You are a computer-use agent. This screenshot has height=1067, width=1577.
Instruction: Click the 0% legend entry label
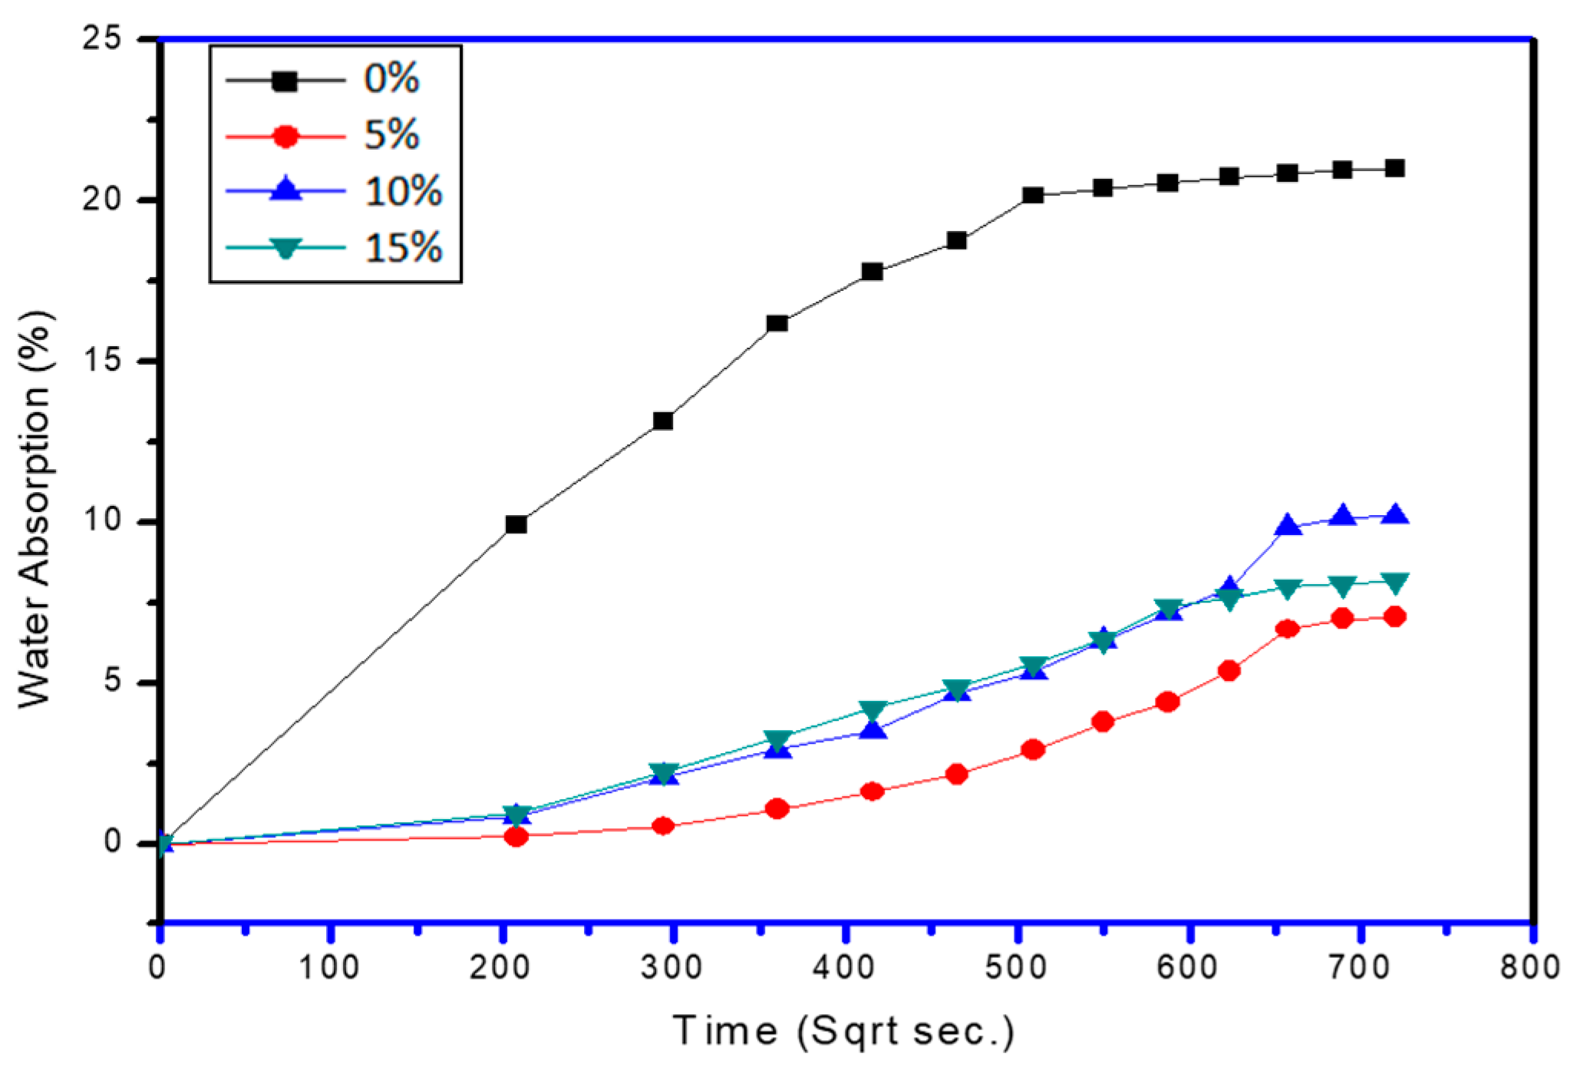pos(391,79)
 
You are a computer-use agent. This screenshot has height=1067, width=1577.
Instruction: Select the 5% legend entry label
pos(391,136)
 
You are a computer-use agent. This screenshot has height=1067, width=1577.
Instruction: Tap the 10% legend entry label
pos(404,192)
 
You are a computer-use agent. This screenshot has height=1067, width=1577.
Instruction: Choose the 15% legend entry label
pos(404,249)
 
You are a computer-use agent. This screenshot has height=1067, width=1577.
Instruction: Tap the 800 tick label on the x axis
pos(1530,967)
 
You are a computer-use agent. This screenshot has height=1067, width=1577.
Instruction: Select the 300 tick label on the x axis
pos(672,967)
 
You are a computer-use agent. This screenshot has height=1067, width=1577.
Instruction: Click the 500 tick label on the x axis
pos(1015,967)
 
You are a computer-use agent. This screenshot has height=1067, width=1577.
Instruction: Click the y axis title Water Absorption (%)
pos(35,510)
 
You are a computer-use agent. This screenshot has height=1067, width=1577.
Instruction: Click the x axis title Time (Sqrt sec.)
pos(844,1031)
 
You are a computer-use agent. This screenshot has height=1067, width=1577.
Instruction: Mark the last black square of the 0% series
pos(1395,168)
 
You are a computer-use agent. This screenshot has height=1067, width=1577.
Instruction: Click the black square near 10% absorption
pos(516,524)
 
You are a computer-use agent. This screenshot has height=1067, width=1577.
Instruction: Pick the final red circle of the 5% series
pos(1395,616)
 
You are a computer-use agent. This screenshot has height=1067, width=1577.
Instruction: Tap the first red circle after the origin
pos(516,836)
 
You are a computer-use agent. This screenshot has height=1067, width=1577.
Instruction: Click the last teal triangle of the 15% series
pos(1395,583)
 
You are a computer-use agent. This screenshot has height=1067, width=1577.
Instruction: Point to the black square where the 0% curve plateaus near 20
pos(1033,195)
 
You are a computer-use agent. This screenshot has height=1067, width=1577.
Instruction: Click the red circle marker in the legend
pos(285,137)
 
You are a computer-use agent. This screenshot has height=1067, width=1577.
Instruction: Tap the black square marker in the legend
pos(285,80)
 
